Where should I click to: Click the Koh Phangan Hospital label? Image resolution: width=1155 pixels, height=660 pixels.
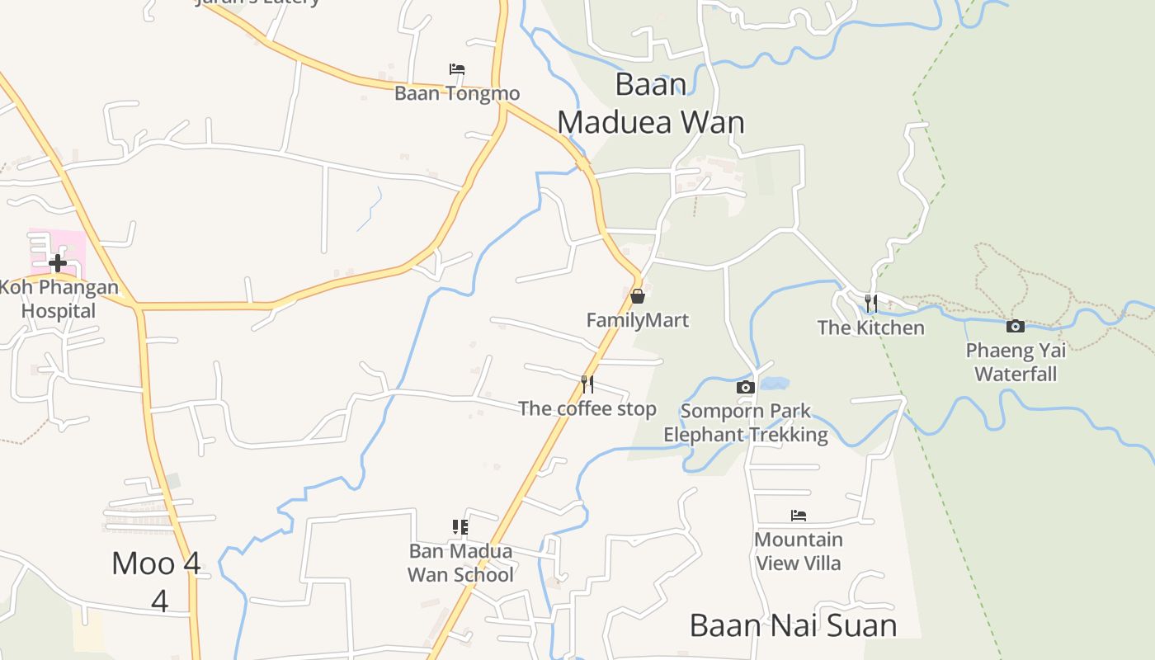point(58,299)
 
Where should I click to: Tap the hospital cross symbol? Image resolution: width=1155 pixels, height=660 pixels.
point(58,264)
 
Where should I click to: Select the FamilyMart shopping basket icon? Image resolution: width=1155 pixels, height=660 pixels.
point(637,295)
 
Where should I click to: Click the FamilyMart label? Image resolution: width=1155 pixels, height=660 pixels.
point(637,320)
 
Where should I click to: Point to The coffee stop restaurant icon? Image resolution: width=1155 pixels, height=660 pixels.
point(587,384)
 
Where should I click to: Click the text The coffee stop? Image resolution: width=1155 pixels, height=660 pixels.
point(587,408)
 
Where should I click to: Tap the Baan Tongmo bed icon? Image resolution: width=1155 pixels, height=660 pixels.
point(456,69)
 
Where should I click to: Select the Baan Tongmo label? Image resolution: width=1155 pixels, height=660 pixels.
point(456,93)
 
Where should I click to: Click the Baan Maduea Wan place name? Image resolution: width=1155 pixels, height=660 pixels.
point(651,103)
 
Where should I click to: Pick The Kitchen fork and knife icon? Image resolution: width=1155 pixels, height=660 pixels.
point(870,303)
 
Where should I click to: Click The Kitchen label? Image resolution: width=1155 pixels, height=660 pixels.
point(870,328)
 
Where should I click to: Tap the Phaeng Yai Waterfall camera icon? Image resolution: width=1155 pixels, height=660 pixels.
point(1016,326)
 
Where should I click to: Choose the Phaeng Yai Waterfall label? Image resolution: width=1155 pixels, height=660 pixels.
point(1016,362)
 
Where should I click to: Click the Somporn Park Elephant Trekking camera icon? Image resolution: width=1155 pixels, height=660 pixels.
point(745,387)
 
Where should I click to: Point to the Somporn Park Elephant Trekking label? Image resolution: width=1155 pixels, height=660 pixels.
point(745,422)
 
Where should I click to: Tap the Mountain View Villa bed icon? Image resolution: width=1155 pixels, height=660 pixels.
point(798,516)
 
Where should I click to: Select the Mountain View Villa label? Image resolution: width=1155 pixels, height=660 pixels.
point(798,551)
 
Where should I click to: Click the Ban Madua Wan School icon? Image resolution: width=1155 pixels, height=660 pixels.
point(460,526)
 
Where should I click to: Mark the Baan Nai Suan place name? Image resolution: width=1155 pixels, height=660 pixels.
point(793,625)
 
